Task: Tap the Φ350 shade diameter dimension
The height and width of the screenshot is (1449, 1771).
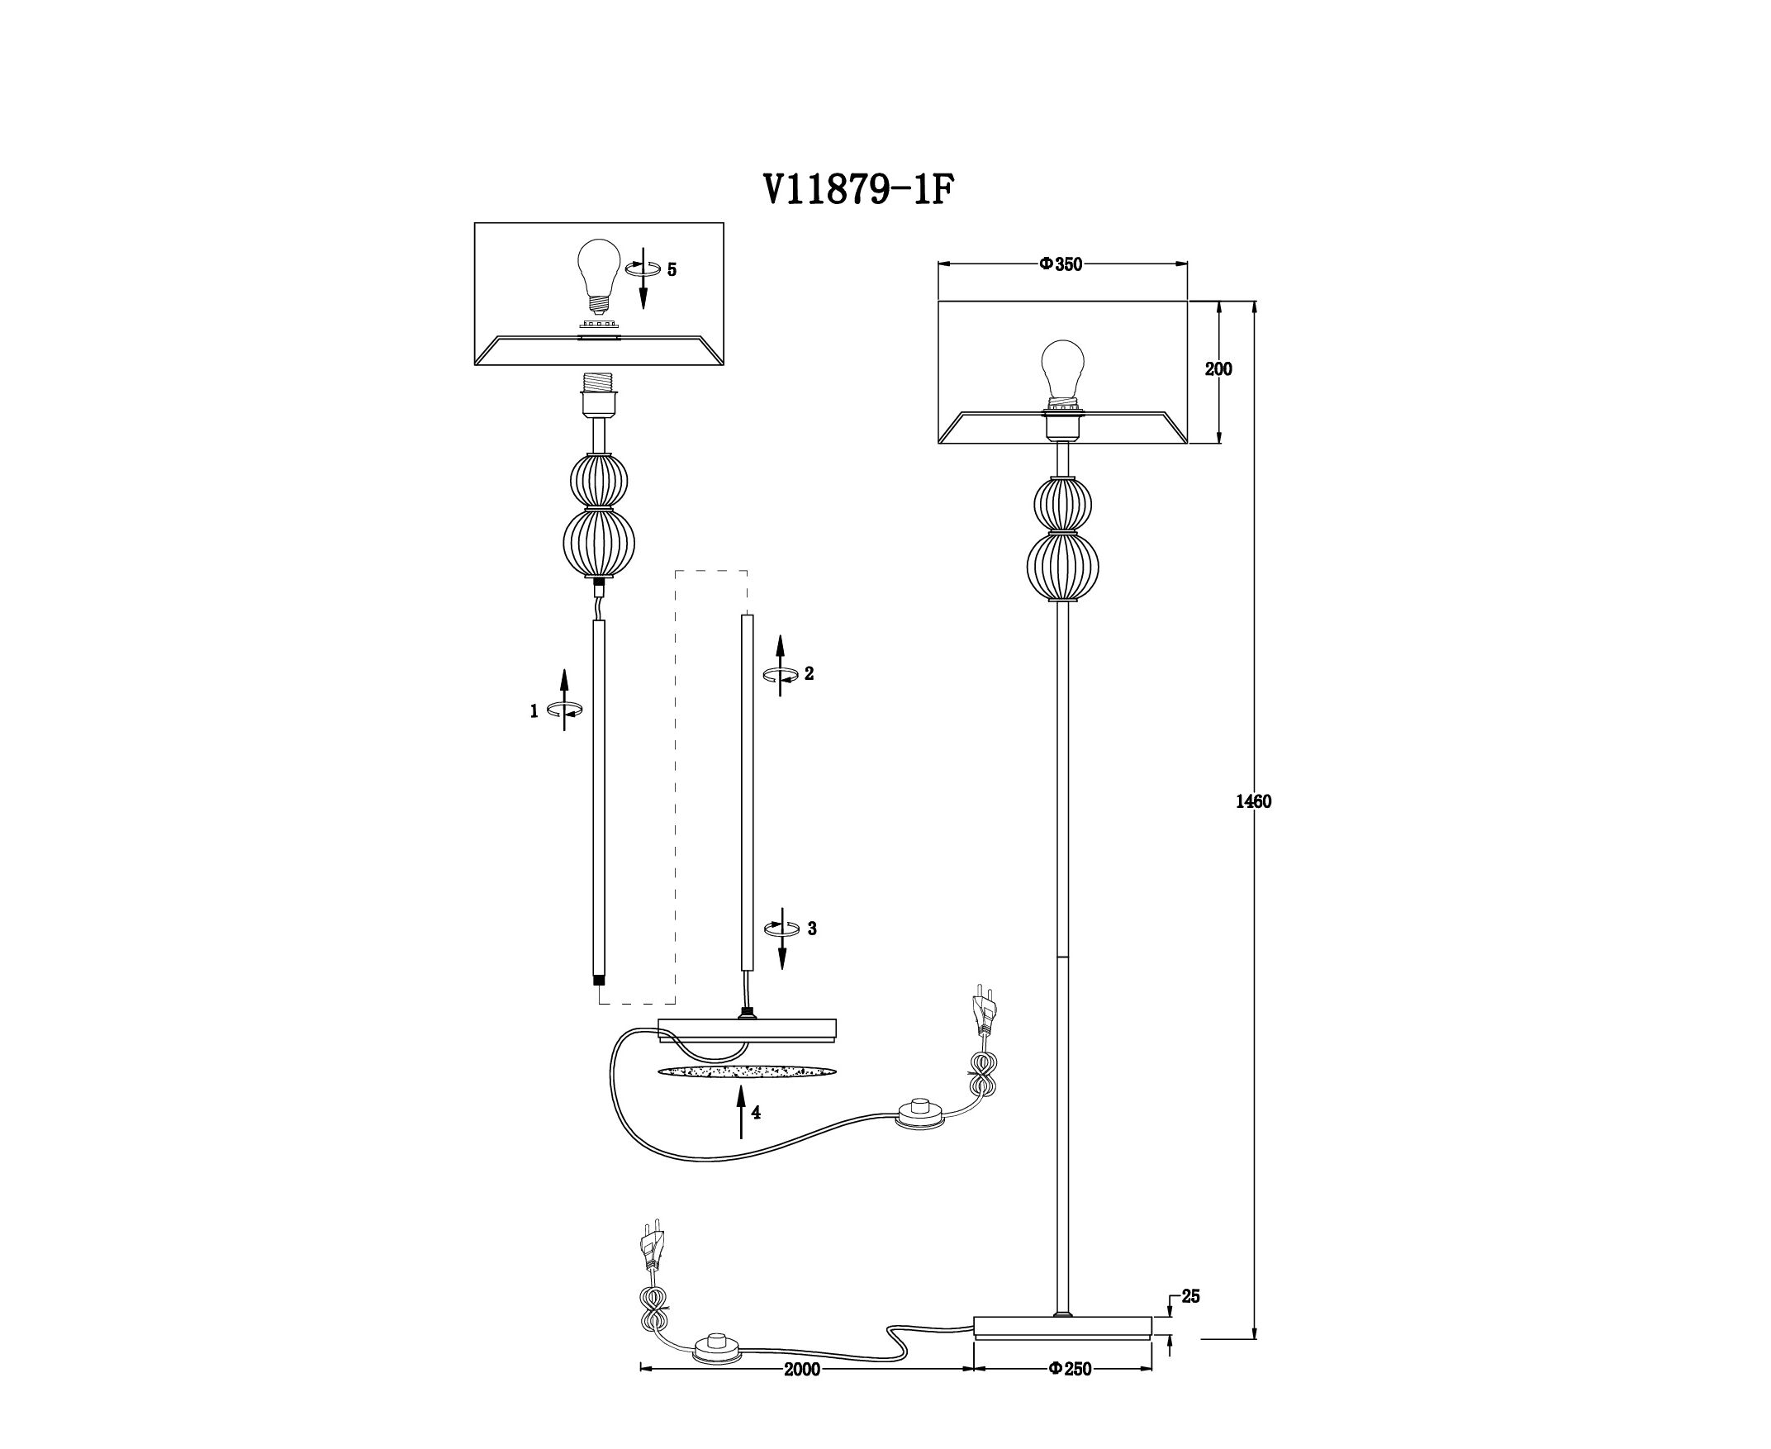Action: point(1060,264)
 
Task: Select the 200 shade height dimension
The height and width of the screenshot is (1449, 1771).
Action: point(1218,369)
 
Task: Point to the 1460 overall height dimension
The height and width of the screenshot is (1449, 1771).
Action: point(1254,802)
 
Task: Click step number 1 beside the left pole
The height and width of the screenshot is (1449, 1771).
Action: point(534,712)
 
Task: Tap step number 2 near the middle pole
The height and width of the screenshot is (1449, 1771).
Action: point(809,673)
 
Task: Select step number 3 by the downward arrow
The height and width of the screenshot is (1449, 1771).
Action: point(811,929)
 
